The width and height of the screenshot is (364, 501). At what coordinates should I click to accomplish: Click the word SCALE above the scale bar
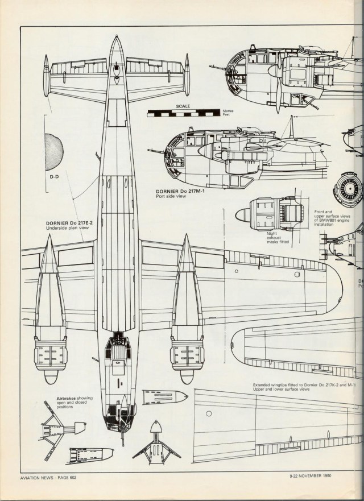(x=183, y=106)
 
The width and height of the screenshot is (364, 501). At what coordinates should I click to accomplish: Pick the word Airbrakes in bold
(x=67, y=399)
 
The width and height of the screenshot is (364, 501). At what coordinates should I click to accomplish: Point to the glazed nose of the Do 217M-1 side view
(x=172, y=149)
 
